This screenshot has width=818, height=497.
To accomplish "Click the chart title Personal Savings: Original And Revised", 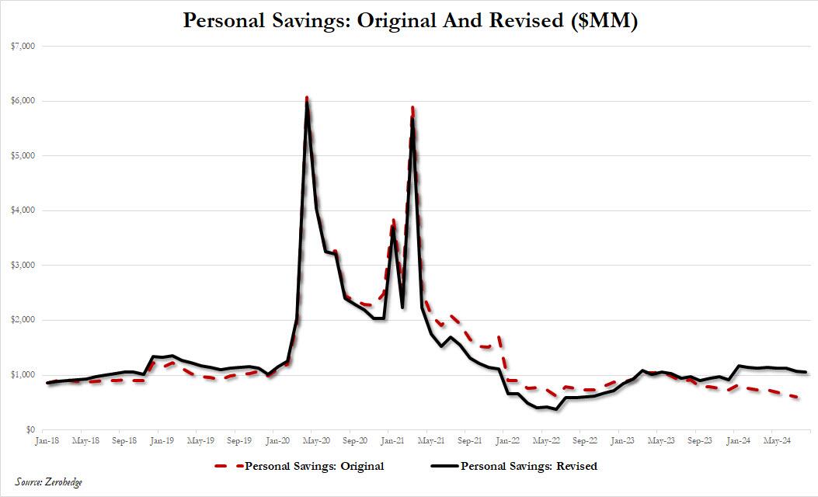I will pos(409,21).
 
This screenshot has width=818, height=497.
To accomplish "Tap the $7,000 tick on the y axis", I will pos(26,47).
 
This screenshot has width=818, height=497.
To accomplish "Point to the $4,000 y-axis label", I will pos(26,210).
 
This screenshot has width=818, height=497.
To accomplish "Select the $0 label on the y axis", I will pos(31,429).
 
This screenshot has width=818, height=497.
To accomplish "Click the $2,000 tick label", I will pos(26,320).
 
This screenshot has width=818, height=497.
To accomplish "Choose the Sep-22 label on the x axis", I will pos(585,440).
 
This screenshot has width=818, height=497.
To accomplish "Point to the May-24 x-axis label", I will pos(777,440).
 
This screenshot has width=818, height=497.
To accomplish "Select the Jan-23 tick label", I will pos(623,440).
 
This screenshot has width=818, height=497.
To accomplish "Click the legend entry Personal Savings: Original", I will pos(314,466).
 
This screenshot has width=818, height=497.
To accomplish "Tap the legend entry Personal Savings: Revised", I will pos(529,466).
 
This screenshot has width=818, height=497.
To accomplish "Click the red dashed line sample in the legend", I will pos(228,466).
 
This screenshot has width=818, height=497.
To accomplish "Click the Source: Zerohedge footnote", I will pos(48,482).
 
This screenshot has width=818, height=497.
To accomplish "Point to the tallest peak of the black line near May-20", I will pos(308,103).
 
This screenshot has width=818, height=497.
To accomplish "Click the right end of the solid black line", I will pos(806,373).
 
